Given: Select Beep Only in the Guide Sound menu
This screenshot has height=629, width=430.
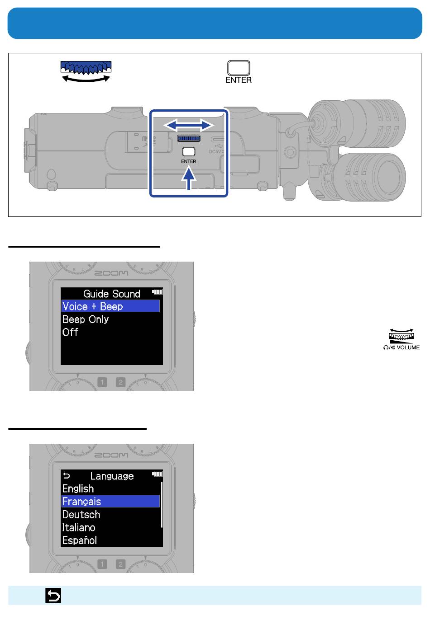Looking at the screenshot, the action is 86,319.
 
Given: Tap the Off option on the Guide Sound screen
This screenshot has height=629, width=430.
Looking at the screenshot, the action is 70,332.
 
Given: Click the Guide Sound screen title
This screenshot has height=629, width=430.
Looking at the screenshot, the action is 112,294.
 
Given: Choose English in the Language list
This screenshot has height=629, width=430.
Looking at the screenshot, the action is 78,488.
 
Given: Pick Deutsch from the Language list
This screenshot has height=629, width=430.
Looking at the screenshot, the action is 81,514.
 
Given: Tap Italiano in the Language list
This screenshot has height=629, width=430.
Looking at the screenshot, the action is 79,527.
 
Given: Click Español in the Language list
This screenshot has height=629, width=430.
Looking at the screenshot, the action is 80,540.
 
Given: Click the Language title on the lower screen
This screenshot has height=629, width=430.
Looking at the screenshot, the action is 112,476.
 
